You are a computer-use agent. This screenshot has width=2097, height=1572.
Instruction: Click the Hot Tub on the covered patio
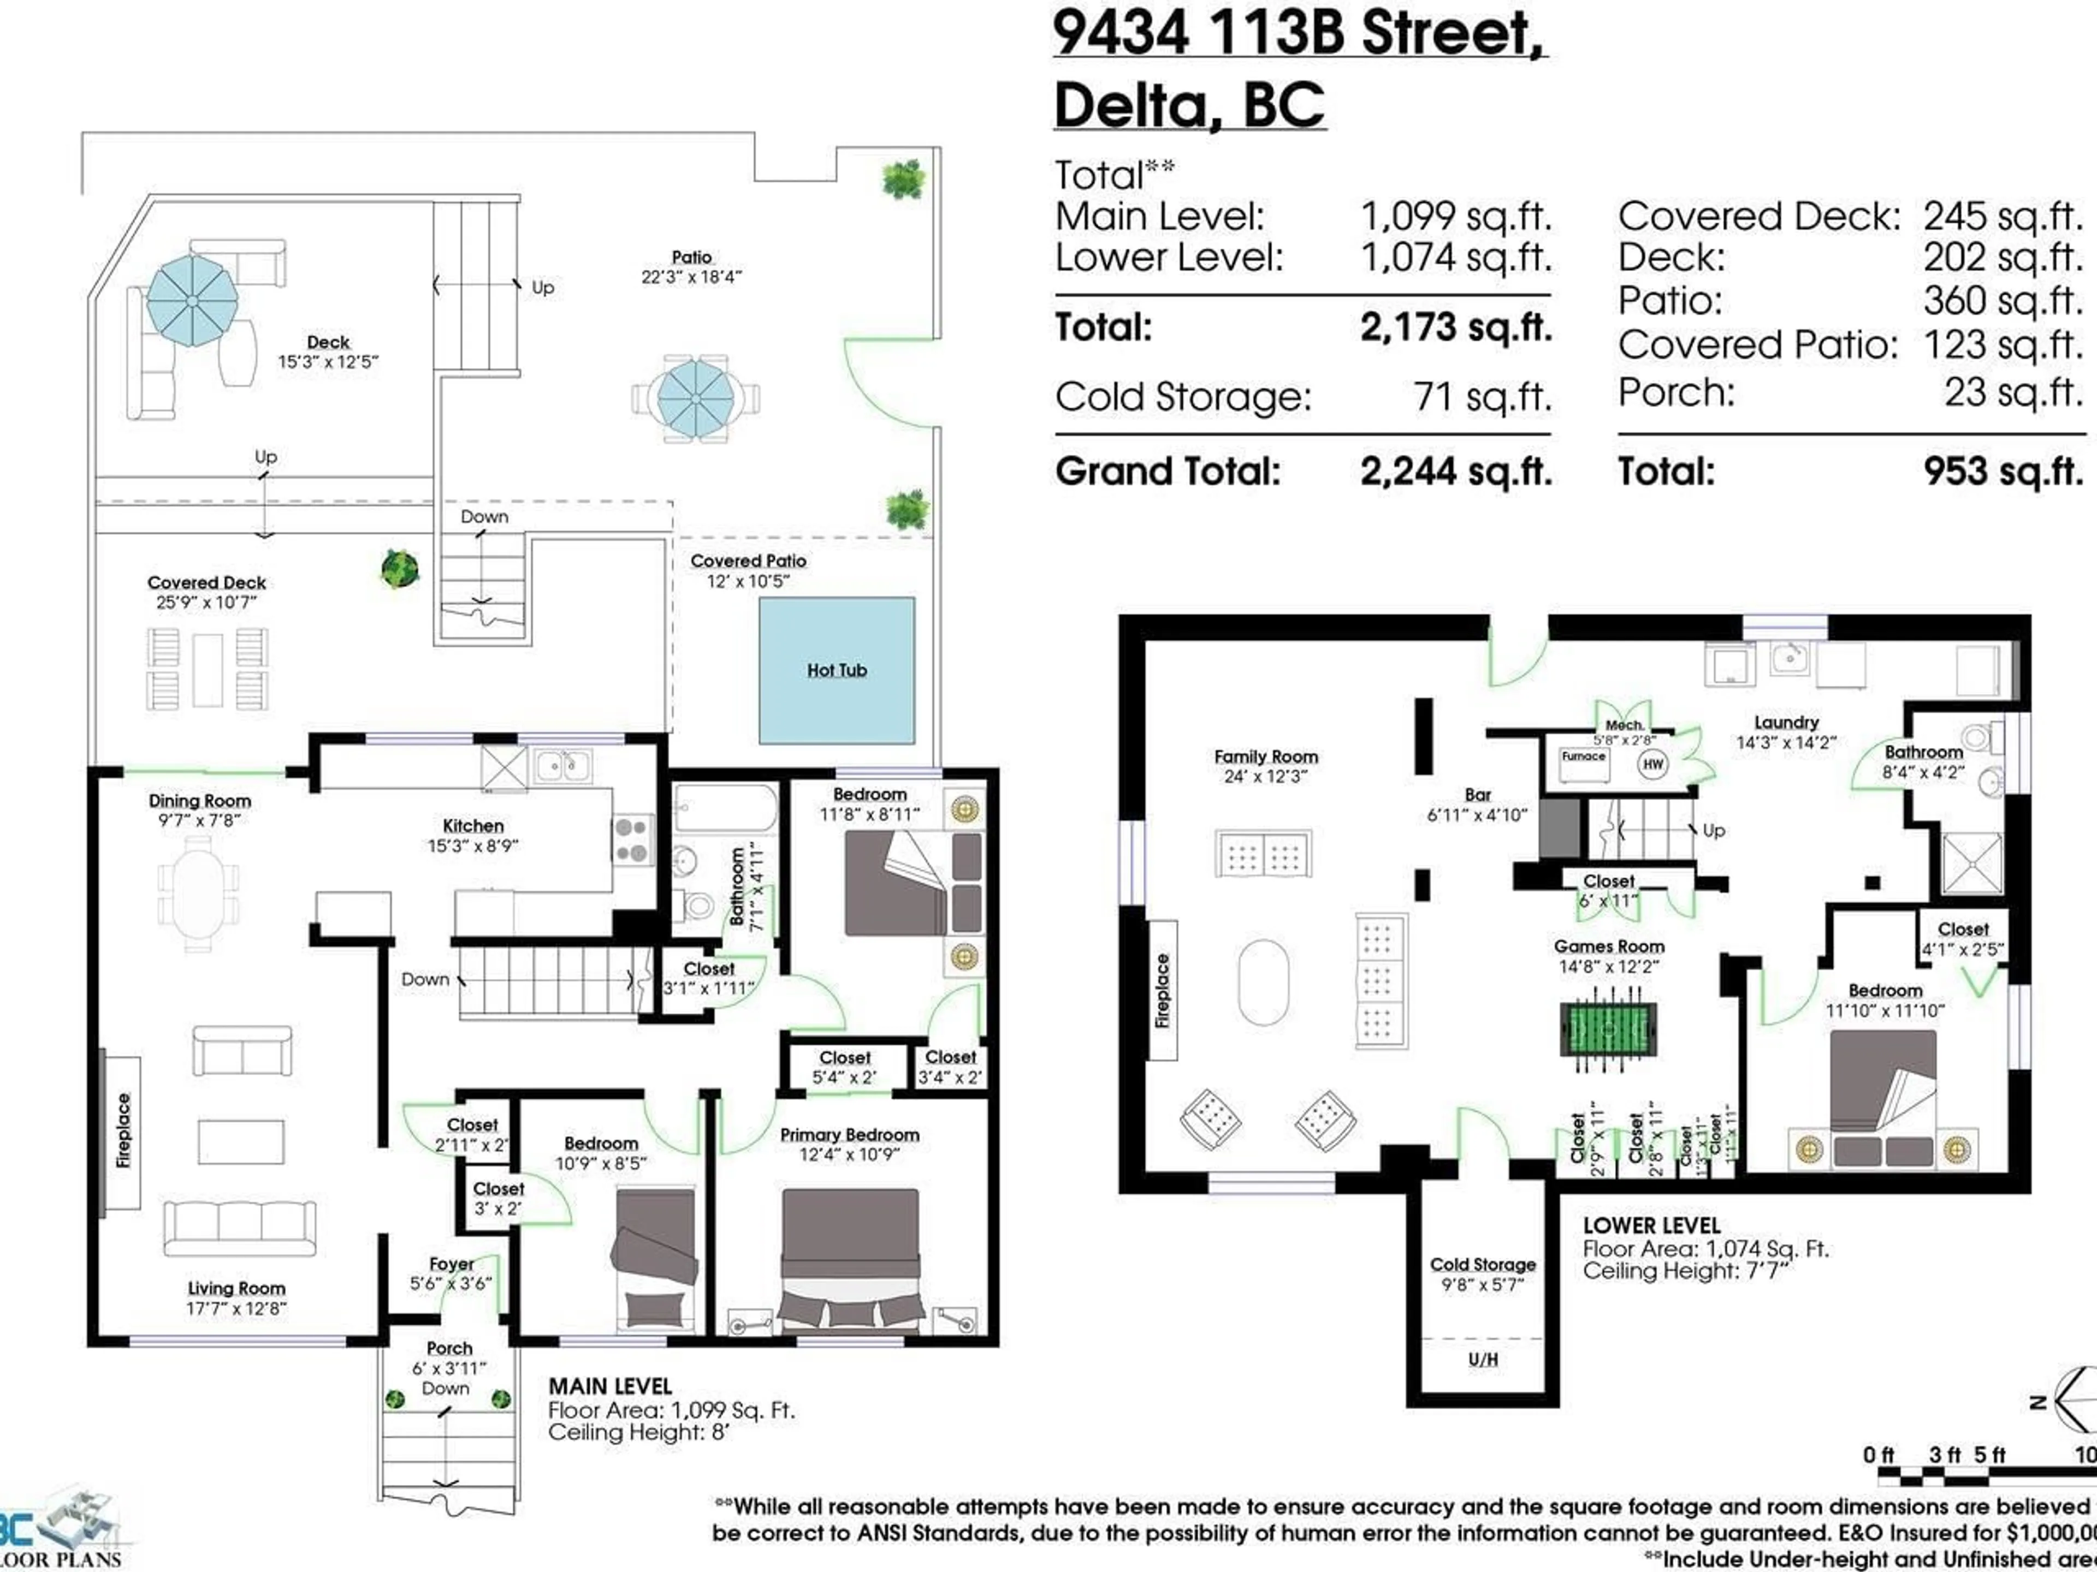(x=837, y=670)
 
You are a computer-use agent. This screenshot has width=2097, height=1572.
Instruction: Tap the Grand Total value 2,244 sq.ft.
(x=1455, y=471)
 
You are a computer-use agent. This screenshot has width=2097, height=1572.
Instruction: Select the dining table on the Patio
(x=696, y=398)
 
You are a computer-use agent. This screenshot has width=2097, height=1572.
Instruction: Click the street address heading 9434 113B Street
(x=1299, y=33)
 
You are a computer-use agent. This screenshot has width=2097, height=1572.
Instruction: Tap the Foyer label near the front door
(x=451, y=1264)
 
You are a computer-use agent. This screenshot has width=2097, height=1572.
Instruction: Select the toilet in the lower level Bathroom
(x=1977, y=736)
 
